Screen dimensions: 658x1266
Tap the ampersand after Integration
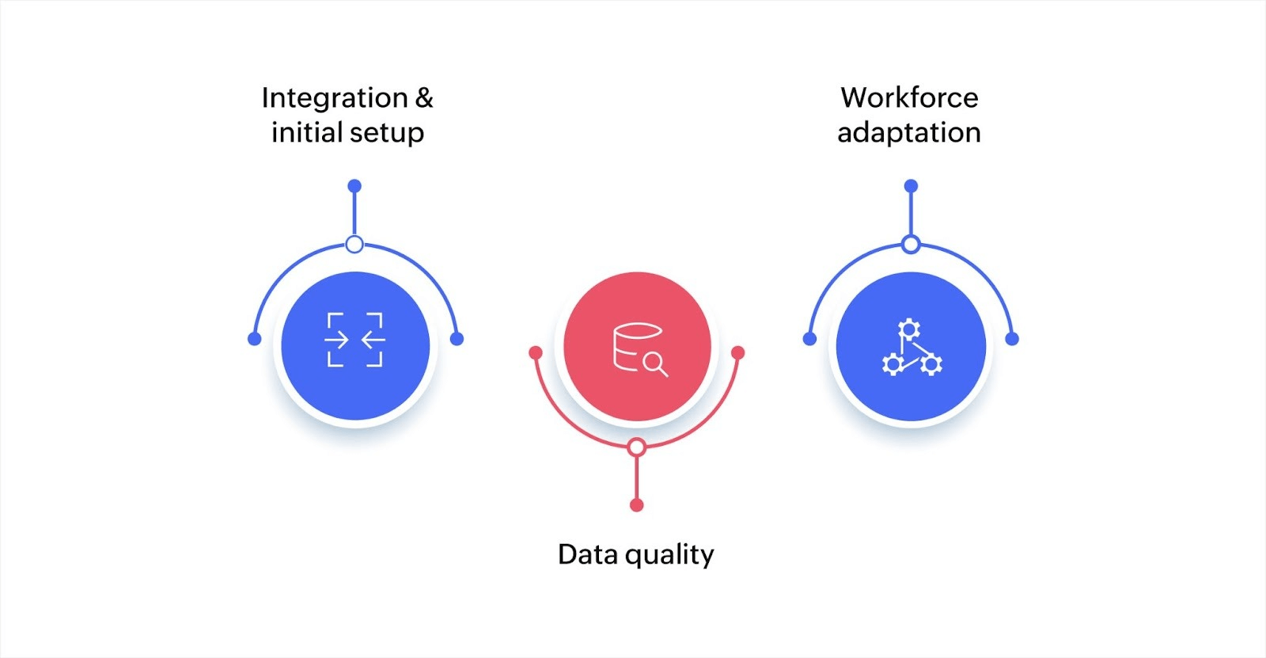(x=425, y=97)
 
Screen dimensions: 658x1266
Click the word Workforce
(x=909, y=97)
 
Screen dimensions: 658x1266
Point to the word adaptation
(x=909, y=132)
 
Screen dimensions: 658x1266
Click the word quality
(x=669, y=555)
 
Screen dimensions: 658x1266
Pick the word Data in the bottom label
(x=588, y=553)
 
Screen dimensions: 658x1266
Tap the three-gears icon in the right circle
(x=911, y=348)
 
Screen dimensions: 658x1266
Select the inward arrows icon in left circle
(x=355, y=340)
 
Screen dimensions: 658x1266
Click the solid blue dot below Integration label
(x=354, y=186)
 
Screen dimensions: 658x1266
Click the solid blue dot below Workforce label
(x=911, y=186)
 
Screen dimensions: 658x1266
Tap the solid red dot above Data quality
(x=637, y=505)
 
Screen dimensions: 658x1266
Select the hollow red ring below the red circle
(x=637, y=447)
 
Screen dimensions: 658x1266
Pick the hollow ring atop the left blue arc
(x=354, y=244)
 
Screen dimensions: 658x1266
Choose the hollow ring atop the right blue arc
(x=911, y=244)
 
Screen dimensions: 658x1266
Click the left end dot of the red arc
(x=536, y=352)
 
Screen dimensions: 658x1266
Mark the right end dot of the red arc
(x=738, y=352)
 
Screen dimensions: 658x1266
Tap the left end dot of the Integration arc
(x=254, y=339)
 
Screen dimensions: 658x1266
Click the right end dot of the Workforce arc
(x=1012, y=339)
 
